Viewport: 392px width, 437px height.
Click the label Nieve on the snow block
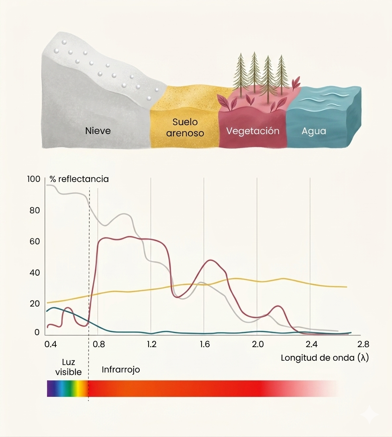tap(98, 131)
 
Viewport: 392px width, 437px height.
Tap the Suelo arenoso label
tap(185, 127)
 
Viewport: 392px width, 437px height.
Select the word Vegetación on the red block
tap(253, 131)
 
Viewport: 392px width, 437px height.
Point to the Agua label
tap(314, 131)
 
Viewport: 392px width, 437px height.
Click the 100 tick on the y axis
tap(34, 179)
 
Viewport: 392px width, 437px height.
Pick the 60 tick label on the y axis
tap(35, 241)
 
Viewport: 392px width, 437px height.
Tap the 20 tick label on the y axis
tap(35, 303)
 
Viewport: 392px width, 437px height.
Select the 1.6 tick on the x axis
tap(204, 344)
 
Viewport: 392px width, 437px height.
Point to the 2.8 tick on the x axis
tap(363, 344)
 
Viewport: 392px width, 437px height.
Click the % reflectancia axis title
tap(79, 179)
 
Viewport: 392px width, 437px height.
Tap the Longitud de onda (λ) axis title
tap(325, 358)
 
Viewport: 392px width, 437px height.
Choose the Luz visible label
tap(68, 367)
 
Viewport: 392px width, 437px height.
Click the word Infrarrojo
tap(121, 369)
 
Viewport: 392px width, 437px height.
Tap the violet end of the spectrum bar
tap(50, 388)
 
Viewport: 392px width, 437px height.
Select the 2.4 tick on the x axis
tap(310, 344)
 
